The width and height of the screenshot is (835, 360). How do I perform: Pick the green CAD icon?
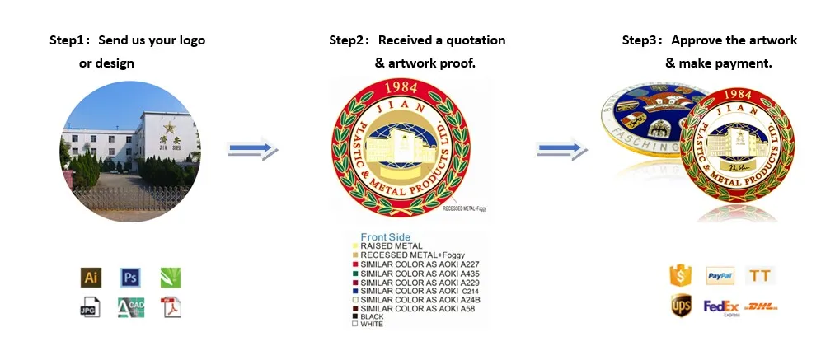[x=130, y=308]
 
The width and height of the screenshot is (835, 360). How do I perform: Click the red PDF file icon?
[x=171, y=308]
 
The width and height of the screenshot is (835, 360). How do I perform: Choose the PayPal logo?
[x=720, y=276]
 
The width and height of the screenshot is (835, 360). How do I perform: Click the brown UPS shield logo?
[x=681, y=306]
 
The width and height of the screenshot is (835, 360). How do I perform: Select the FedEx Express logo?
[x=720, y=307]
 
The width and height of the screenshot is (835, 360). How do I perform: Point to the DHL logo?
[x=760, y=306]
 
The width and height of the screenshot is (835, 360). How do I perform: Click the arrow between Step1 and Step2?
[x=253, y=149]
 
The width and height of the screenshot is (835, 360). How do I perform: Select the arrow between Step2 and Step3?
[x=561, y=149]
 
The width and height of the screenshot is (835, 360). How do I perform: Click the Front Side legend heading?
[x=386, y=237]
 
